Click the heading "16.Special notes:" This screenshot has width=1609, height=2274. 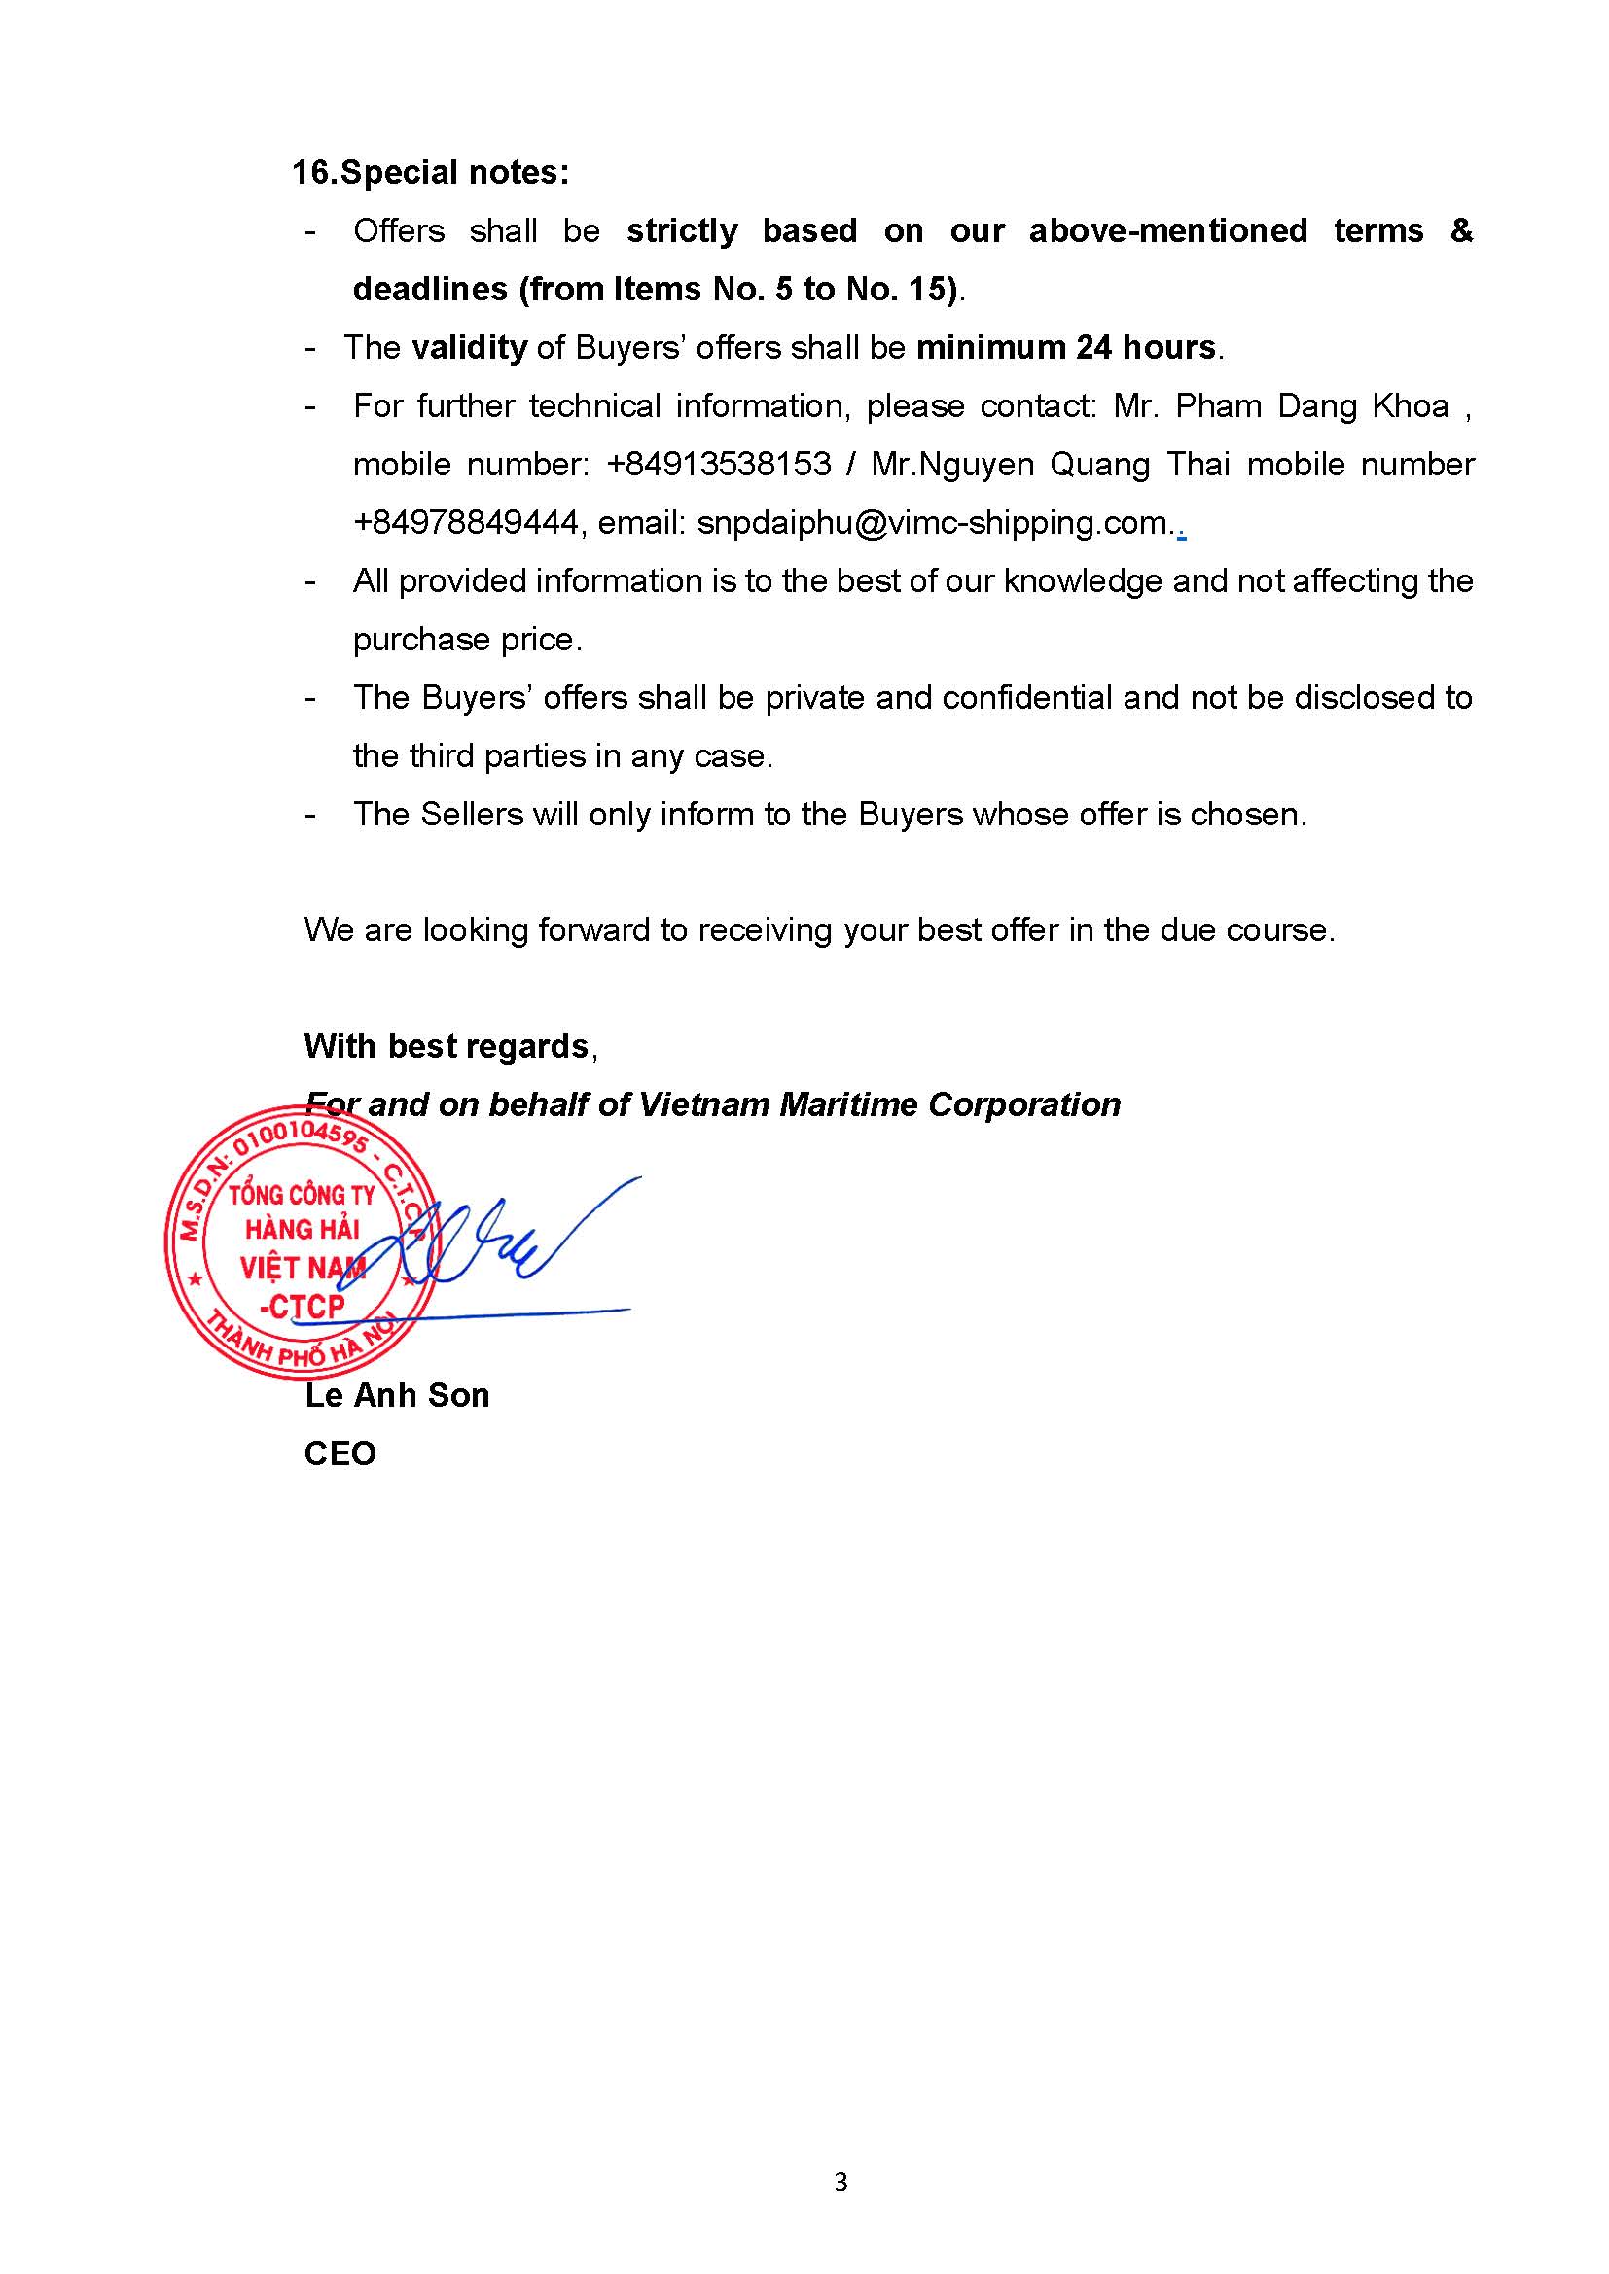[x=430, y=172]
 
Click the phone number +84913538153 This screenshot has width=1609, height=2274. [x=718, y=464]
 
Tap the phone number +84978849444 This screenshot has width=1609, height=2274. [x=466, y=522]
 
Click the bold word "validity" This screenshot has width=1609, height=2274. [x=469, y=348]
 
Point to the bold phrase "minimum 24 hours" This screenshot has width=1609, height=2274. [x=1066, y=348]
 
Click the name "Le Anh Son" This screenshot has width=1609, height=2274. [x=396, y=1395]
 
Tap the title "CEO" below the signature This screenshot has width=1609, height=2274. [x=340, y=1452]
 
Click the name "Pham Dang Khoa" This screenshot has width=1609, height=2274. [x=1311, y=406]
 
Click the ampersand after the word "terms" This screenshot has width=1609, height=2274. [x=1460, y=230]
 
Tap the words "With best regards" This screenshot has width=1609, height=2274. [x=446, y=1046]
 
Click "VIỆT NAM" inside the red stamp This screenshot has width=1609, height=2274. [x=303, y=1268]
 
